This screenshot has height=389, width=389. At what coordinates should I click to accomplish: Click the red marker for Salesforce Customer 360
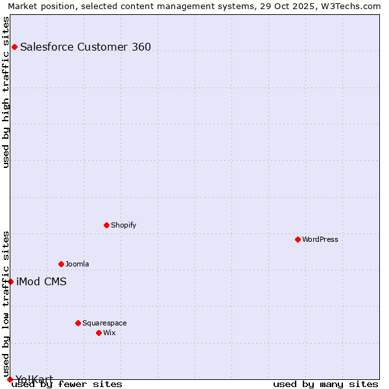14,47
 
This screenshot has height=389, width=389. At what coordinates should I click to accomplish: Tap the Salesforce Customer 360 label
86,47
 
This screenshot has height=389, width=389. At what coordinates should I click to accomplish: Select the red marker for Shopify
106,225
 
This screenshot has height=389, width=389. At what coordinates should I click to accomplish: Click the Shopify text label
123,225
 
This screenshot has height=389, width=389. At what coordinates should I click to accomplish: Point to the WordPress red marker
298,239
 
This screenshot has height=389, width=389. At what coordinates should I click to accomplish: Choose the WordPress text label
320,239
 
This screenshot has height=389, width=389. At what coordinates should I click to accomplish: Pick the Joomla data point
61,264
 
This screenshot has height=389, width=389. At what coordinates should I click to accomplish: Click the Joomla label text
77,264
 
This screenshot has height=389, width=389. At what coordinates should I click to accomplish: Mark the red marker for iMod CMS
10,281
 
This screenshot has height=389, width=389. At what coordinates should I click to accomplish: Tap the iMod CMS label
41,281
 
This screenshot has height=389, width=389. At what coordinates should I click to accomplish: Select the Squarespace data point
78,323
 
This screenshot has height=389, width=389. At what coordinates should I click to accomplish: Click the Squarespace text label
104,323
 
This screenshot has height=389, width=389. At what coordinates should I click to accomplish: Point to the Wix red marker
99,333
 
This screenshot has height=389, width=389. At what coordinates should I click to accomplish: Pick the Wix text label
110,333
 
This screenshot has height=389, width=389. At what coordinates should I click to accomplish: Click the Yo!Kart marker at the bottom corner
10,379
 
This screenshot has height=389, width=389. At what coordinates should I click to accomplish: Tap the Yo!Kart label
34,379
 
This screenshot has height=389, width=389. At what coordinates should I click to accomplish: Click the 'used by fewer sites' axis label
67,384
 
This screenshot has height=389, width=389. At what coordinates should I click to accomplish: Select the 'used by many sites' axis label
325,384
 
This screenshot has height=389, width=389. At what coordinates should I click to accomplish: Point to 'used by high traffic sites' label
6,92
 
